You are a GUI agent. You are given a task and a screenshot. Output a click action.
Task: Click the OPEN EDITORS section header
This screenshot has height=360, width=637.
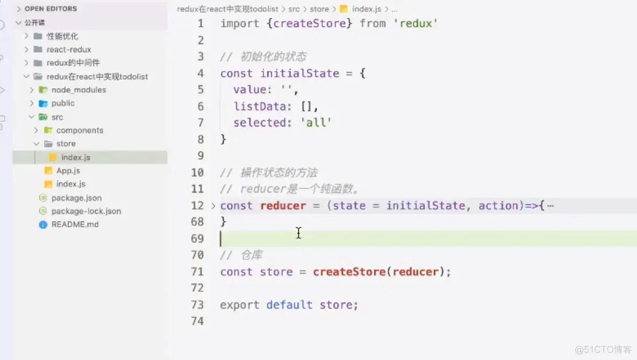click(51, 9)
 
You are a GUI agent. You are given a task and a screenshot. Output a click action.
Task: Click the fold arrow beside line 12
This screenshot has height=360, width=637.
click(213, 206)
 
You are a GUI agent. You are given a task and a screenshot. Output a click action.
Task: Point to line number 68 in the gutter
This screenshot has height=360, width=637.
click(197, 221)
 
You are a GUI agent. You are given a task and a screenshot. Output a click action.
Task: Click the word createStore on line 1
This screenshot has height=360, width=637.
click(309, 23)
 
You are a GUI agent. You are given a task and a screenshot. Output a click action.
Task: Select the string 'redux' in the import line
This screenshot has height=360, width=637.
click(415, 23)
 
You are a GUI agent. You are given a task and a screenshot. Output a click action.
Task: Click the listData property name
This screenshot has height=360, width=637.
click(260, 106)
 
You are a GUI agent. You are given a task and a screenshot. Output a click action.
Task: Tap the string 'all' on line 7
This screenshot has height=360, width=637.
click(316, 122)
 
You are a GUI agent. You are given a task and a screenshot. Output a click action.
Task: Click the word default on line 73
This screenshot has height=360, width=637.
click(289, 304)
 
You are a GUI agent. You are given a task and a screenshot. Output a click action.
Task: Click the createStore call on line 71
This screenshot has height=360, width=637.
click(349, 272)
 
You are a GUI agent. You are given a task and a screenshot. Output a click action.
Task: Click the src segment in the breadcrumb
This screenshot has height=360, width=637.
click(294, 9)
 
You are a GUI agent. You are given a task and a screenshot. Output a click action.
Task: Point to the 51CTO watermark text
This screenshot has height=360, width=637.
click(603, 350)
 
